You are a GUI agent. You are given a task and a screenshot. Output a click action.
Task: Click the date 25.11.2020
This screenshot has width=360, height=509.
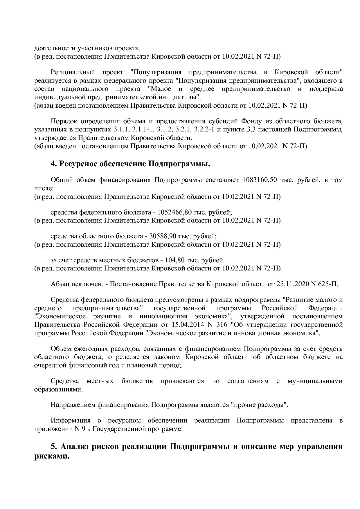[x=292, y=284]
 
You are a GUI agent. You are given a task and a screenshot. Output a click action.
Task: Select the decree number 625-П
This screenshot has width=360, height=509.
[x=328, y=284]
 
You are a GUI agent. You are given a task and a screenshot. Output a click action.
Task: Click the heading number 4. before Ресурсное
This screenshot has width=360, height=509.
[x=53, y=164]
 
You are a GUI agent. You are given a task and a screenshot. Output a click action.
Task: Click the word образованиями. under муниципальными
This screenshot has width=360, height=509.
[x=58, y=389]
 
